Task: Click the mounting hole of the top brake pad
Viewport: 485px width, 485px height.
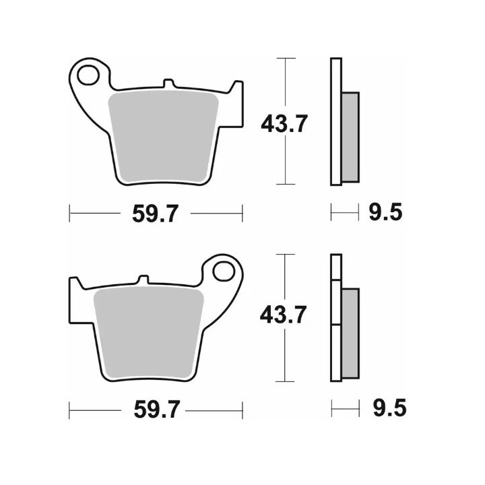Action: coord(88,75)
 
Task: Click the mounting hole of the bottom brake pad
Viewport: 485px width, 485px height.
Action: coord(224,271)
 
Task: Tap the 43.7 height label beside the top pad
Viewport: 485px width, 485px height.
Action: coord(284,123)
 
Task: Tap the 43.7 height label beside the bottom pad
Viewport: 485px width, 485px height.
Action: coord(284,315)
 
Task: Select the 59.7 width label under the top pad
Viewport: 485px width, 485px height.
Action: coord(156,214)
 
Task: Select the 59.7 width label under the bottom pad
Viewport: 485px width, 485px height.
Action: coord(156,410)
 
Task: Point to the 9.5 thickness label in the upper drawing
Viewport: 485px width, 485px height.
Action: coord(385,212)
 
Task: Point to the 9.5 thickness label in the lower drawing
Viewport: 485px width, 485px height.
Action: coord(389,408)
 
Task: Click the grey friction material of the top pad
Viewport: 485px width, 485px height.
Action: coord(163,136)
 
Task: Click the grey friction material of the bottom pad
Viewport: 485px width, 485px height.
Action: coord(148,333)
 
